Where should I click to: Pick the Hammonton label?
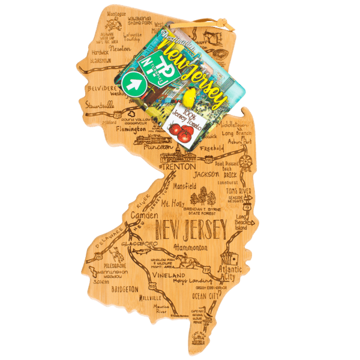coord(190,247)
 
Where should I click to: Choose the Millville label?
coord(149,297)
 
